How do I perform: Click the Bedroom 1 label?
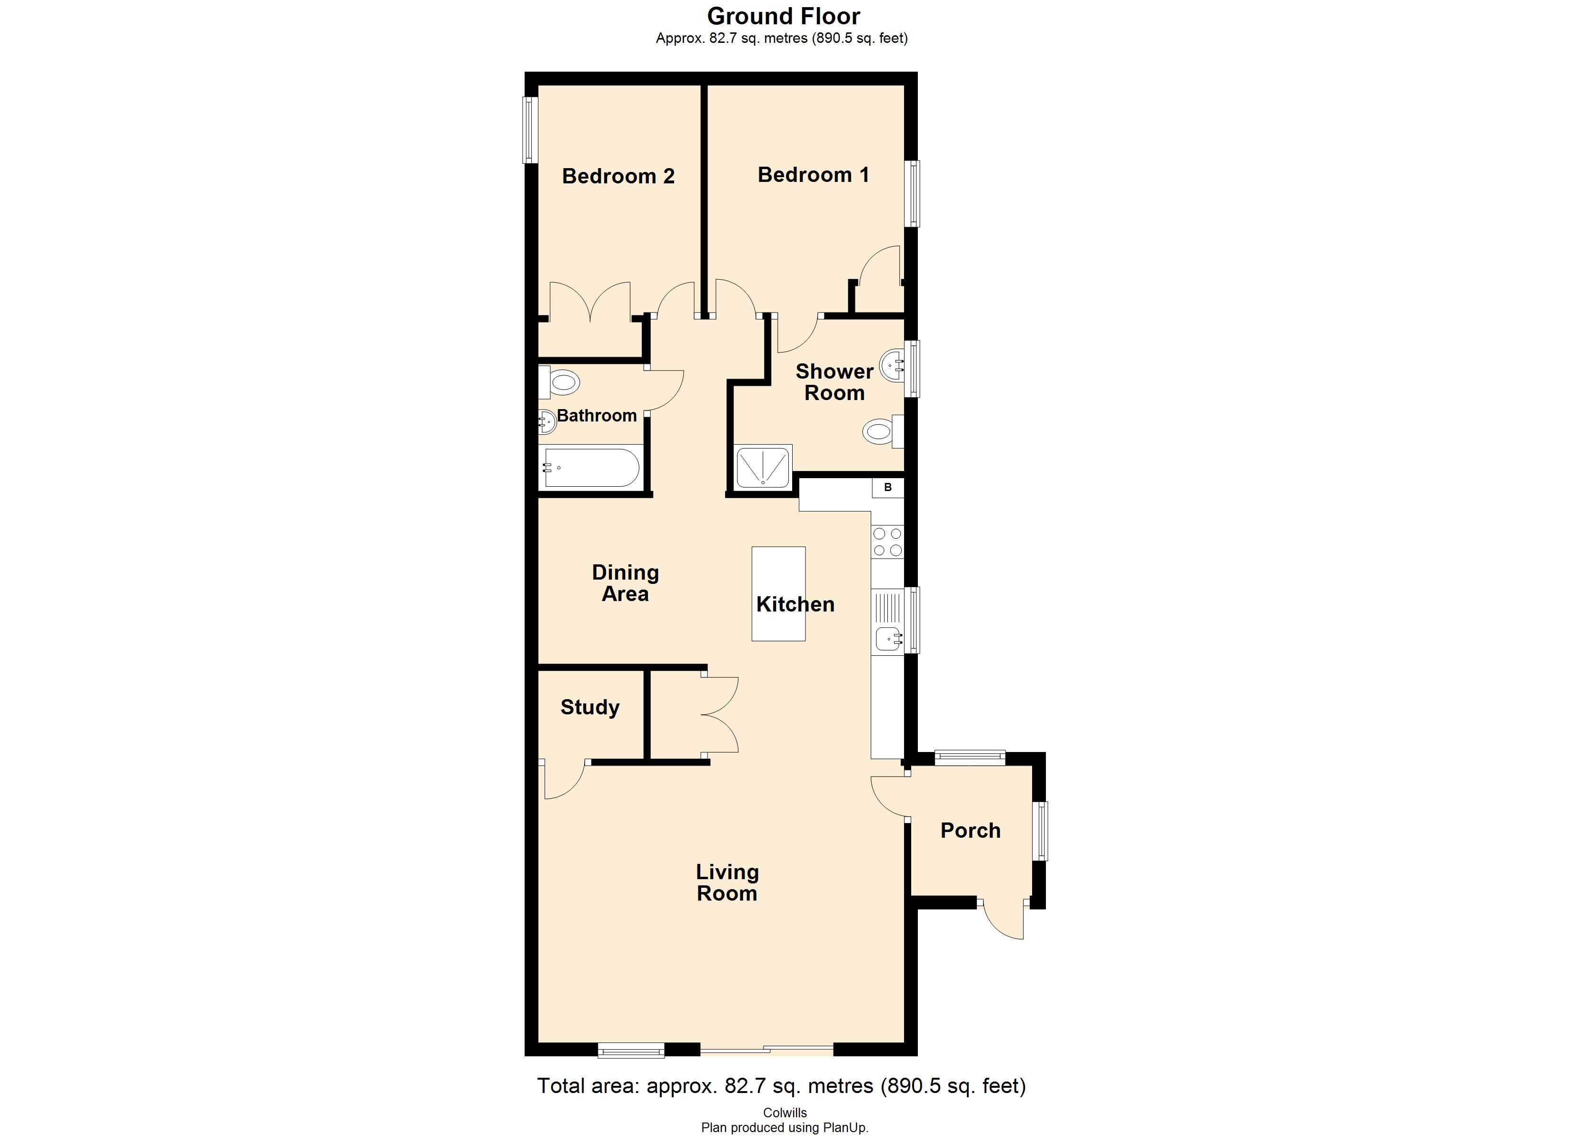(x=813, y=175)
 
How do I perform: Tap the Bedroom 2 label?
(x=618, y=176)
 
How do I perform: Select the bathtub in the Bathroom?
(x=591, y=468)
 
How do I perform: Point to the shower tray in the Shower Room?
(x=763, y=467)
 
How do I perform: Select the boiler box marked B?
(x=888, y=487)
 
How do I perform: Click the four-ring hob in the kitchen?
(x=887, y=542)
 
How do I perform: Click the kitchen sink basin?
(x=888, y=638)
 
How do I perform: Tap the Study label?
(x=589, y=707)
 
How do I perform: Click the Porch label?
(x=970, y=831)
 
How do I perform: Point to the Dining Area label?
(x=625, y=583)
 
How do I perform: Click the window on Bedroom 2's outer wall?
(x=530, y=130)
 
